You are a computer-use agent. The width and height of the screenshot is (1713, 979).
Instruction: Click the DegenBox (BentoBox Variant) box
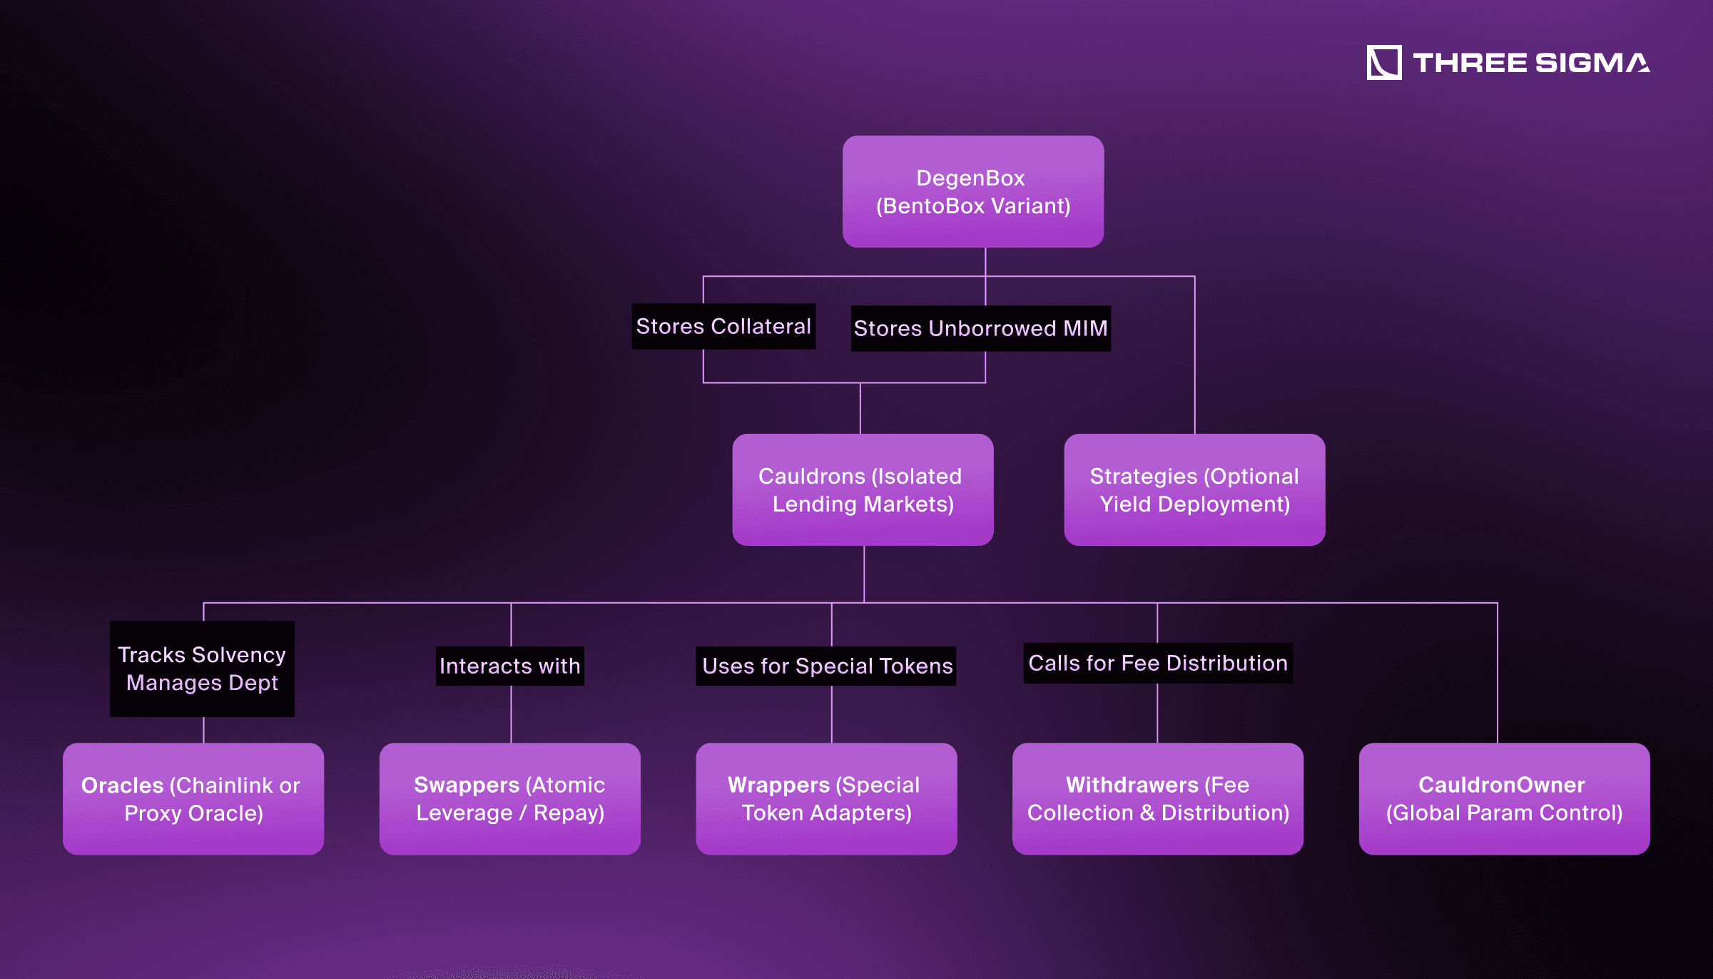pyautogui.click(x=973, y=192)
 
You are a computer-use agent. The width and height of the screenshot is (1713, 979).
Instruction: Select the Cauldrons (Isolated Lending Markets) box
pyautogui.click(x=863, y=489)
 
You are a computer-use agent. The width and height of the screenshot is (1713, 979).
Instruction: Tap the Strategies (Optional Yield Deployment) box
pyautogui.click(x=1194, y=489)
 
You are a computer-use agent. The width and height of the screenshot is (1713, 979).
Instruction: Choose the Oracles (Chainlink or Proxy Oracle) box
pyautogui.click(x=193, y=798)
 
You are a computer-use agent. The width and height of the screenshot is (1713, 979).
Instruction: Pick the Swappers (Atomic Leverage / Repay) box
pyautogui.click(x=509, y=798)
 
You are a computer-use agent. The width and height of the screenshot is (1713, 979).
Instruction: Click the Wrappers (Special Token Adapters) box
pyautogui.click(x=826, y=798)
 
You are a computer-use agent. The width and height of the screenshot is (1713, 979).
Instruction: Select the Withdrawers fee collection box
pyautogui.click(x=1157, y=798)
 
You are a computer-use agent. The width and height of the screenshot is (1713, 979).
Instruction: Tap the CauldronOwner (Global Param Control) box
pyautogui.click(x=1504, y=798)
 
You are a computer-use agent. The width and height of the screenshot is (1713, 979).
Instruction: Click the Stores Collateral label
pyautogui.click(x=723, y=327)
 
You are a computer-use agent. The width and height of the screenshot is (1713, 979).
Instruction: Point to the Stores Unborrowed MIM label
pyautogui.click(x=980, y=328)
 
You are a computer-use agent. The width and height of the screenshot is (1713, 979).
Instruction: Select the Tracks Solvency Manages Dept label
pyautogui.click(x=202, y=669)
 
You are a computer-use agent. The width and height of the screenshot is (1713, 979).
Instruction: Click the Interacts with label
pyautogui.click(x=509, y=666)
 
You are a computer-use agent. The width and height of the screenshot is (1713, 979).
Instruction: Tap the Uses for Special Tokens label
pyautogui.click(x=826, y=666)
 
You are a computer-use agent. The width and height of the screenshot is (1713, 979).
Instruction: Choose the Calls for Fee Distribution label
pyautogui.click(x=1157, y=664)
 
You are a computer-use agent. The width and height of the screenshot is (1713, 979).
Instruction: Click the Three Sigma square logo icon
pyautogui.click(x=1383, y=63)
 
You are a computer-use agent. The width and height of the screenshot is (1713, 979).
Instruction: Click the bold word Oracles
pyautogui.click(x=123, y=785)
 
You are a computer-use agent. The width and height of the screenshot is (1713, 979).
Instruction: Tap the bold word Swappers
pyautogui.click(x=467, y=785)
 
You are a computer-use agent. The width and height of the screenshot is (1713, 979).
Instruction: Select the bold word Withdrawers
pyautogui.click(x=1132, y=785)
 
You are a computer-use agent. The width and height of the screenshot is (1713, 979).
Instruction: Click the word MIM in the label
pyautogui.click(x=1085, y=328)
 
